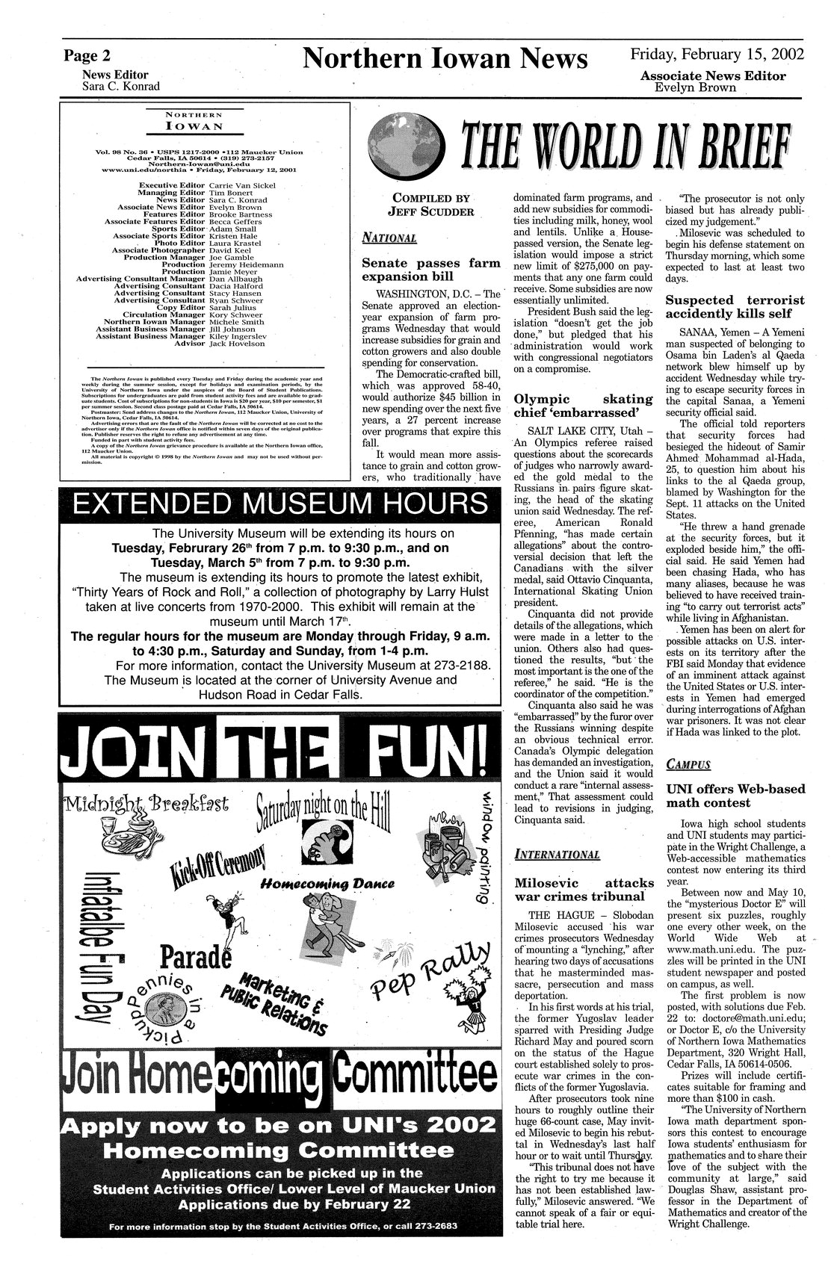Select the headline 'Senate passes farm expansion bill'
(430, 270)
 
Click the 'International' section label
(558, 854)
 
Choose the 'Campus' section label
(688, 764)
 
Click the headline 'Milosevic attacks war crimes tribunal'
(580, 889)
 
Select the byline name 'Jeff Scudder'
(430, 211)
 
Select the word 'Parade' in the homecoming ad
(191, 958)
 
